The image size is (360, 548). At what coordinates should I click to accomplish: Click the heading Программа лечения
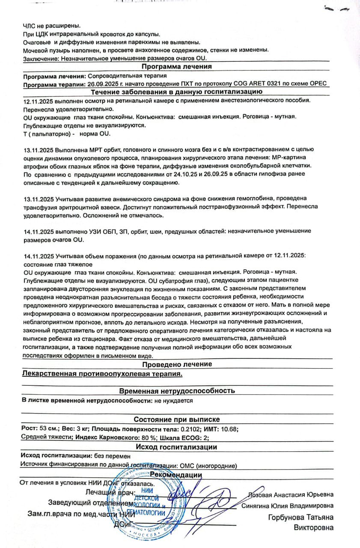coord(176,67)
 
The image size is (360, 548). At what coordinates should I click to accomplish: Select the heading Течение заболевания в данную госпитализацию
coord(176,92)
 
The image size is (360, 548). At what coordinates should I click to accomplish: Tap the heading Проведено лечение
coord(177,364)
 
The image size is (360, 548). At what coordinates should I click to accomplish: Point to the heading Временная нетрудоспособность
coord(177,391)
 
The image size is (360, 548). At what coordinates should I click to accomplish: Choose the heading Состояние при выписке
coord(177,420)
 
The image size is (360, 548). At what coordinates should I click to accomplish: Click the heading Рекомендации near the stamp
coord(176,475)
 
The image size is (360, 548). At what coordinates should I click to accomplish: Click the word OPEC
coord(319,85)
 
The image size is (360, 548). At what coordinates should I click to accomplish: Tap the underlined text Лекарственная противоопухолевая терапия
coord(102,374)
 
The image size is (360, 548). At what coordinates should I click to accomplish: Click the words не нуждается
coord(174,401)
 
